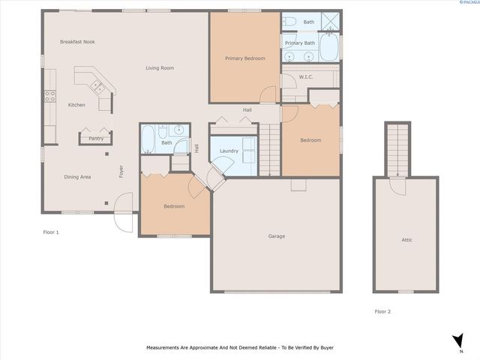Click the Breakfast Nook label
(x=77, y=42)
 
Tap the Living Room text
(x=160, y=68)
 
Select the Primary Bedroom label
(x=245, y=58)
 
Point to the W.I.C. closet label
(x=306, y=77)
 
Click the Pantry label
(x=96, y=139)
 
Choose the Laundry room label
(x=229, y=151)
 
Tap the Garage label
(x=277, y=236)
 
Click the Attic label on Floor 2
(x=406, y=240)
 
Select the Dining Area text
(x=77, y=177)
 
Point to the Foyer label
(x=121, y=172)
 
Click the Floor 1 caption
(x=51, y=232)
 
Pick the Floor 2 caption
(x=382, y=310)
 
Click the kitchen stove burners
(x=50, y=96)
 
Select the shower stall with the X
(x=330, y=21)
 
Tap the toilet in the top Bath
(x=292, y=21)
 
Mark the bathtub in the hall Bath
(x=148, y=139)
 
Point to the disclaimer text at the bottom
(x=239, y=348)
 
